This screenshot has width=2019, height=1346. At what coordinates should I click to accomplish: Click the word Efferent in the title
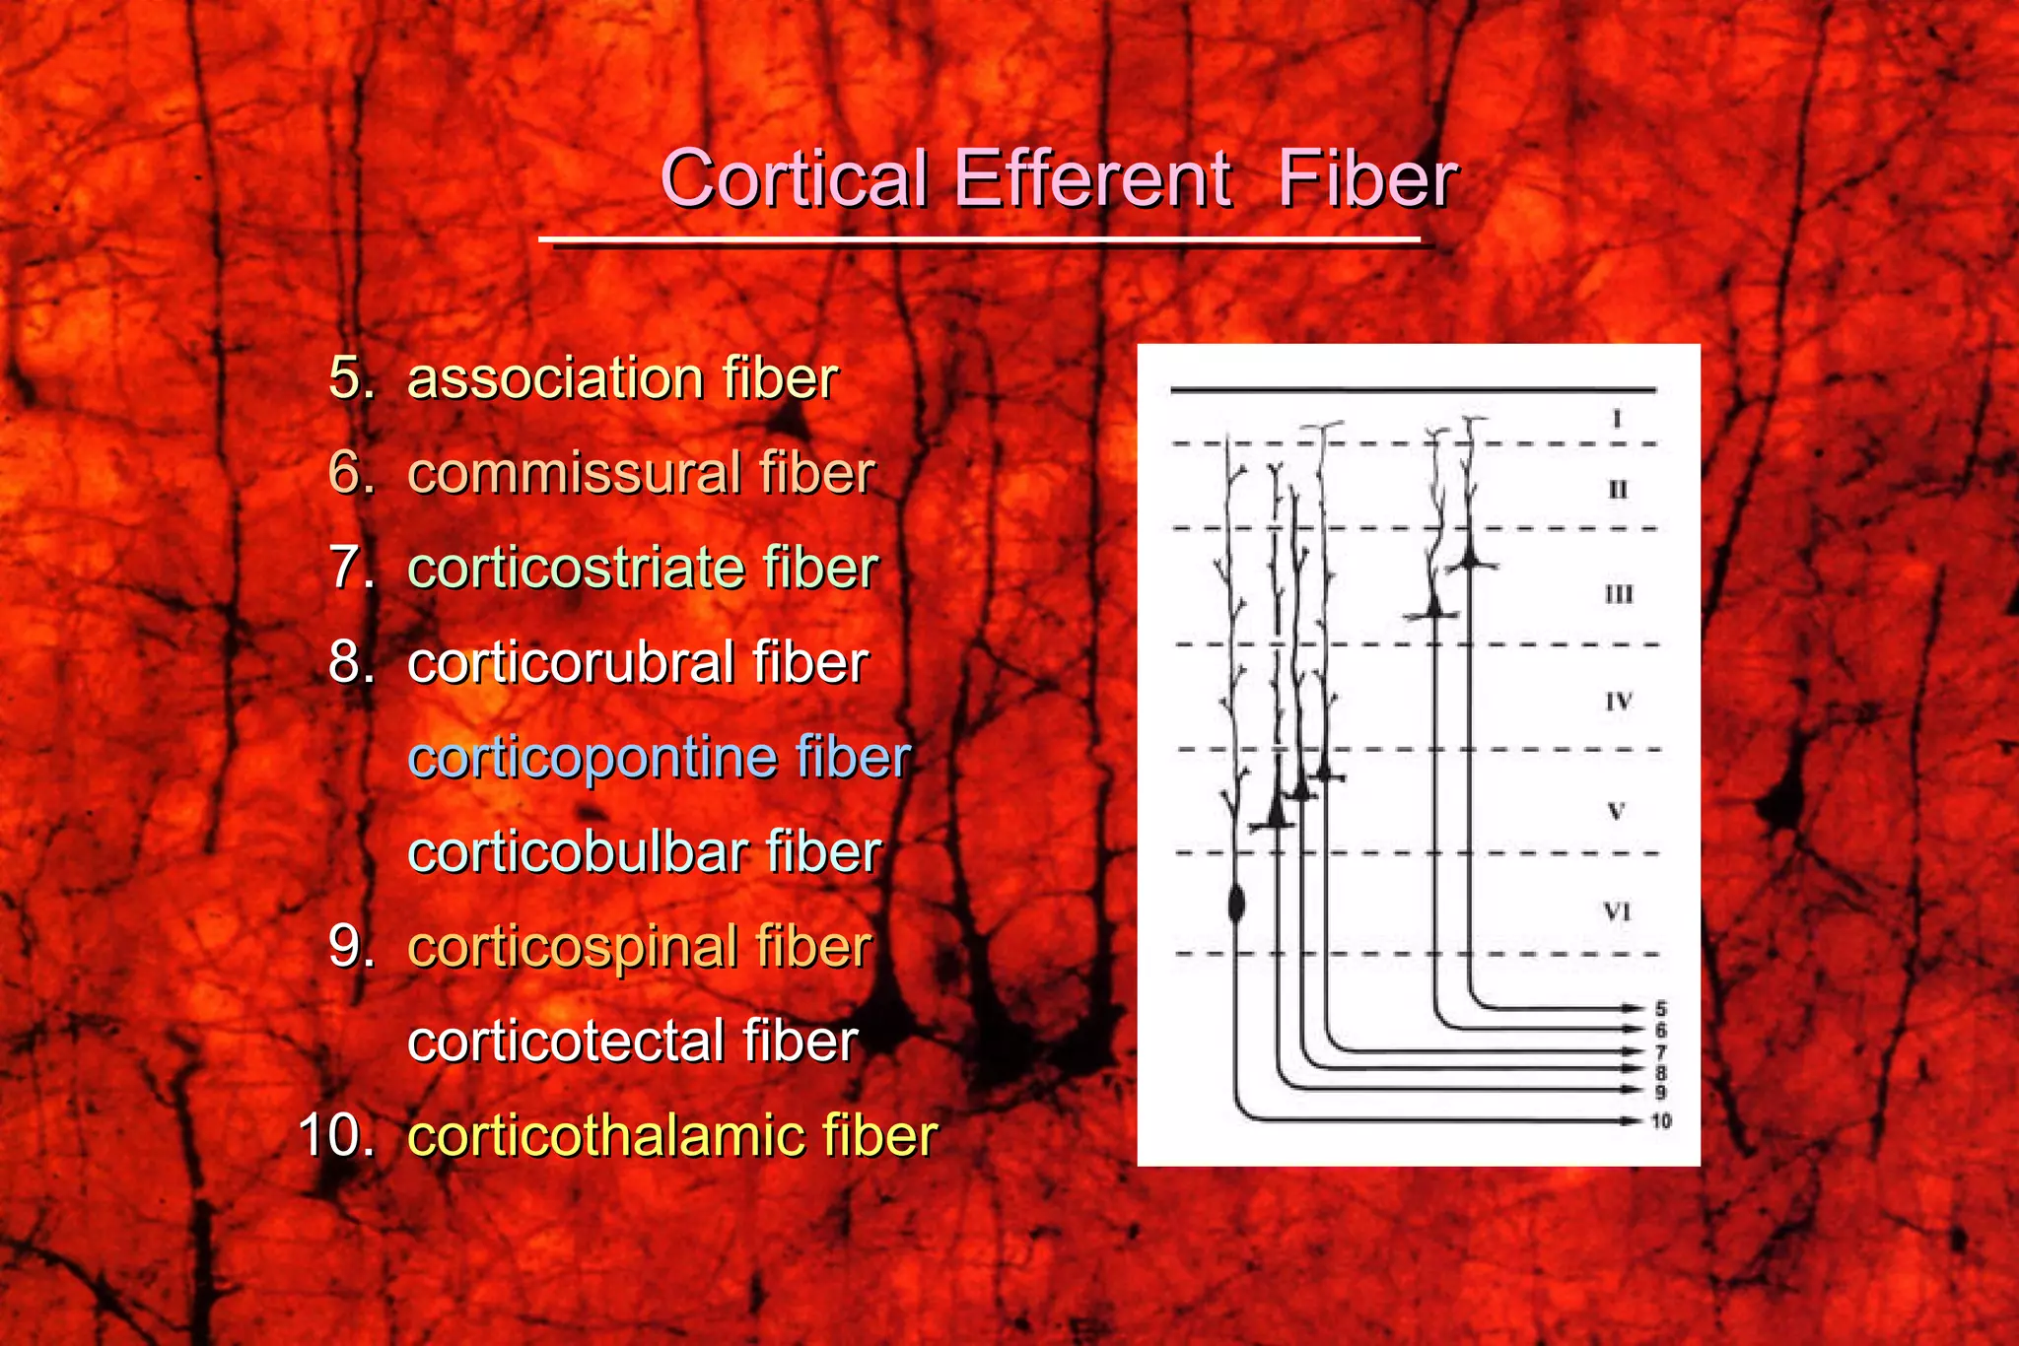pos(1091,179)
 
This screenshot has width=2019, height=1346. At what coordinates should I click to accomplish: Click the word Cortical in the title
pos(794,179)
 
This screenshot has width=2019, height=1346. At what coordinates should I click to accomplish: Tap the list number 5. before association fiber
pos(352,378)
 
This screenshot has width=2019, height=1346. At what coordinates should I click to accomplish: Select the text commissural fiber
pos(641,473)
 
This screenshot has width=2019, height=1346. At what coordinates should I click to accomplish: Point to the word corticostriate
pos(575,569)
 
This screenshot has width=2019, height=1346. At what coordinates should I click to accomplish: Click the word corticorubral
pos(570,662)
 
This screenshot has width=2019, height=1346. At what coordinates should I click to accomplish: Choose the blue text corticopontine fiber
pos(659,758)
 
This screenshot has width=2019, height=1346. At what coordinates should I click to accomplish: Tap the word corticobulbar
pos(577,852)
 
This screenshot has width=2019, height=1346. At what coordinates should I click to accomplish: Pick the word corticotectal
pos(565,1042)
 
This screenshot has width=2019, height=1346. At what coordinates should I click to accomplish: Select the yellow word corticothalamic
pos(605,1136)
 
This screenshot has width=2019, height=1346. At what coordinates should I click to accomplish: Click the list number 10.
pos(336,1136)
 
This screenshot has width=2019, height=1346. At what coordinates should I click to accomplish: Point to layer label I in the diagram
pos(1617,420)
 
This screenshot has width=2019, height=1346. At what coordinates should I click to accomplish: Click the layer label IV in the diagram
pos(1619,702)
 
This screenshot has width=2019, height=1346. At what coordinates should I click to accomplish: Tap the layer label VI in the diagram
pos(1617,911)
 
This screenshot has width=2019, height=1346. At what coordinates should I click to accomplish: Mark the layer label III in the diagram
pos(1619,594)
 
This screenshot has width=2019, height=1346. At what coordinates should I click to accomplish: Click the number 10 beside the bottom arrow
pos(1661,1121)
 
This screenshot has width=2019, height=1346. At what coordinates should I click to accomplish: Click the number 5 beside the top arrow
pos(1661,1009)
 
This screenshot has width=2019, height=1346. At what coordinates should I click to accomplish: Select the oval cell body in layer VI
pos(1236,903)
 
